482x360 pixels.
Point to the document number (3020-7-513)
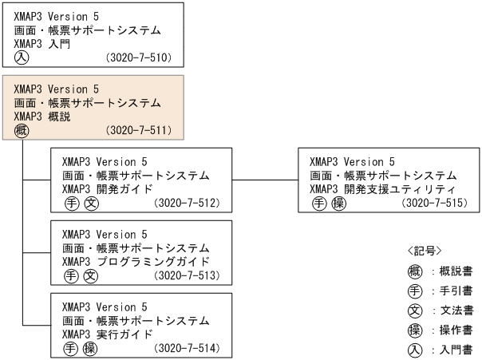pyautogui.click(x=187, y=276)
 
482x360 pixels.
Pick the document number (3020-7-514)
pyautogui.click(x=187, y=348)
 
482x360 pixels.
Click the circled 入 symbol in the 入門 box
pyautogui.click(x=22, y=58)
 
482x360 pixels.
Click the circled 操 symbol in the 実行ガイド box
pyautogui.click(x=90, y=348)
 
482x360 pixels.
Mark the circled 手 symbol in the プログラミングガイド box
pyautogui.click(x=71, y=276)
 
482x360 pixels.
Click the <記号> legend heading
pyautogui.click(x=425, y=251)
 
